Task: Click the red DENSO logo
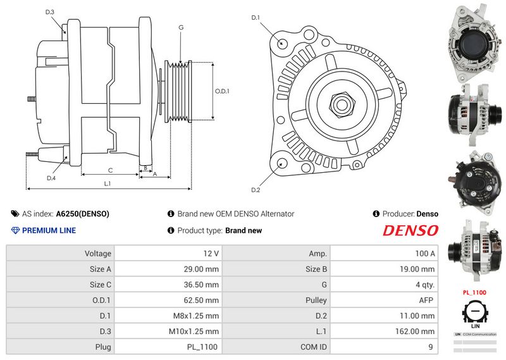tap(410, 230)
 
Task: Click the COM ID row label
tap(314, 347)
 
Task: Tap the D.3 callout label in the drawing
tap(50, 12)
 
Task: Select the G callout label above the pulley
tap(181, 27)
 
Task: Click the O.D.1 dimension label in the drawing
tap(222, 91)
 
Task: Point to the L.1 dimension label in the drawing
tap(108, 183)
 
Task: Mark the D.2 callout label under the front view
tap(256, 190)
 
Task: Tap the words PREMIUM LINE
tap(49, 230)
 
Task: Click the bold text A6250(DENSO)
tap(82, 214)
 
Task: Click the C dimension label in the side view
tap(110, 170)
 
